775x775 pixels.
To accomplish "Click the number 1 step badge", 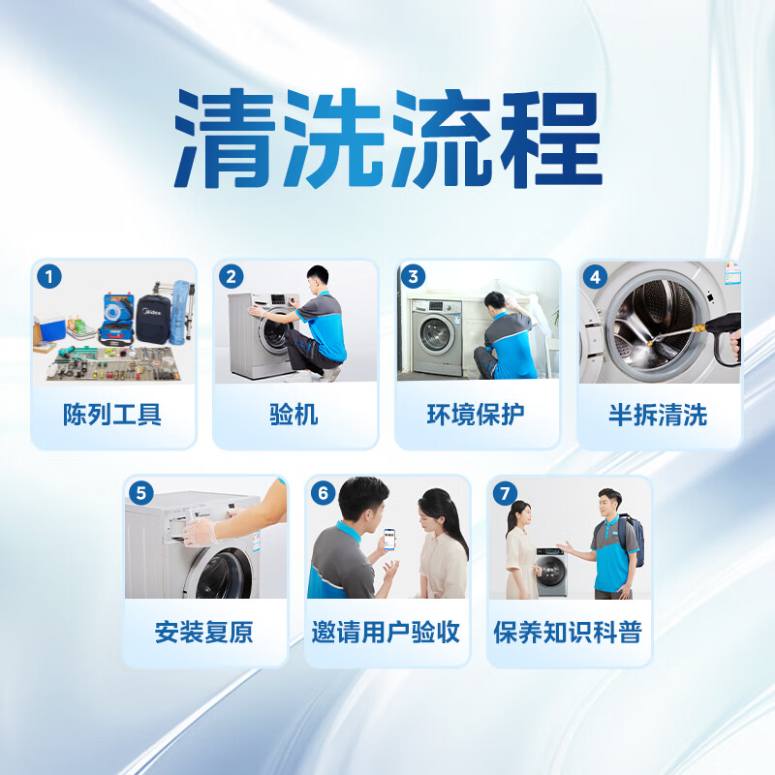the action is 49,276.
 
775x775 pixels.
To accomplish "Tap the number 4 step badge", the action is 595,277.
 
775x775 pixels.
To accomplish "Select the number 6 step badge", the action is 324,493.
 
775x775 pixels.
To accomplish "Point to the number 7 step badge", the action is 505,493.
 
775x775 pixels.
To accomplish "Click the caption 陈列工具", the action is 112,415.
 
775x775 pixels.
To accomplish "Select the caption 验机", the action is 294,415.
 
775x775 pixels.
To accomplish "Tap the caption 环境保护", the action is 476,415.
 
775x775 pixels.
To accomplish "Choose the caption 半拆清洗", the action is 658,415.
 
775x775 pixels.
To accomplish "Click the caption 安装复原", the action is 203,632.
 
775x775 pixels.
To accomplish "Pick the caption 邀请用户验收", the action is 386,632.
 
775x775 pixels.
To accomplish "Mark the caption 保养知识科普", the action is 568,632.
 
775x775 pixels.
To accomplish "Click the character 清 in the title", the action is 225,139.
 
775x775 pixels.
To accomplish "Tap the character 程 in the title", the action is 551,139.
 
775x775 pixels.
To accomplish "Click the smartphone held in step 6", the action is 389,540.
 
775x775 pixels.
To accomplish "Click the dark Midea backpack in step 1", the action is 153,320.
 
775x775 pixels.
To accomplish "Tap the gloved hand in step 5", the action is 201,532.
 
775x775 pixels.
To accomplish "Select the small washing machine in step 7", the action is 551,572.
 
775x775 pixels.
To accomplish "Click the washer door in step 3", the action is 435,334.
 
